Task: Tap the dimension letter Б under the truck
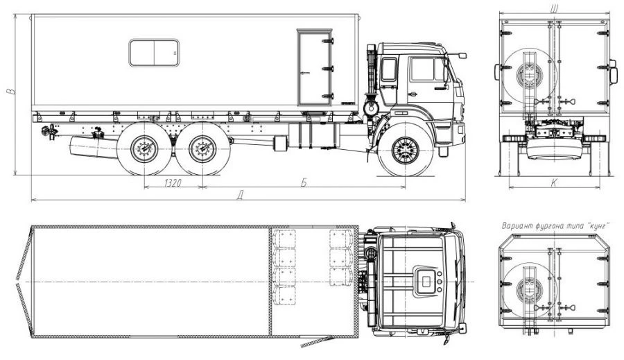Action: [x=303, y=182]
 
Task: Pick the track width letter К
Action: [x=554, y=182]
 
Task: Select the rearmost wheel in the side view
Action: [x=144, y=149]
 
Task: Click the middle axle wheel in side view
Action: [x=202, y=149]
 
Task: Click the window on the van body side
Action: [x=153, y=53]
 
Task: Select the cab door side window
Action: [x=423, y=69]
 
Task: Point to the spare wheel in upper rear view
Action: [x=528, y=72]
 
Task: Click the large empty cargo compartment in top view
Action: [x=149, y=282]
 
